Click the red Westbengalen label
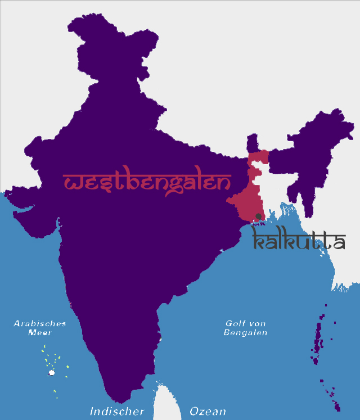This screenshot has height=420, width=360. coord(146,183)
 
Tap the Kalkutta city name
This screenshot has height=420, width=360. coord(298,241)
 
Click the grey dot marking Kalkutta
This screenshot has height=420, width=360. coord(258,216)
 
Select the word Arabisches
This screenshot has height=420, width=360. coord(40,323)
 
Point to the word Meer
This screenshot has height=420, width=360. coord(40,332)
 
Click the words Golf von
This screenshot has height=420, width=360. coord(245,323)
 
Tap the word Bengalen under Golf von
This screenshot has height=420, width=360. coord(245,332)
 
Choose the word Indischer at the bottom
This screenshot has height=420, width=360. coord(117,412)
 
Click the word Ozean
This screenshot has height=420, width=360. coord(208,412)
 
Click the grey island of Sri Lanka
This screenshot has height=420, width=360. coord(166,402)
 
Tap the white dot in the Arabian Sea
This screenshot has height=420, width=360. coord(52,372)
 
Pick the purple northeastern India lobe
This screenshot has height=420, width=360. coord(315,152)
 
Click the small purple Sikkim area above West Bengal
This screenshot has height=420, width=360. coord(253,143)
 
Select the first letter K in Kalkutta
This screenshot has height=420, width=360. coord(259,241)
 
